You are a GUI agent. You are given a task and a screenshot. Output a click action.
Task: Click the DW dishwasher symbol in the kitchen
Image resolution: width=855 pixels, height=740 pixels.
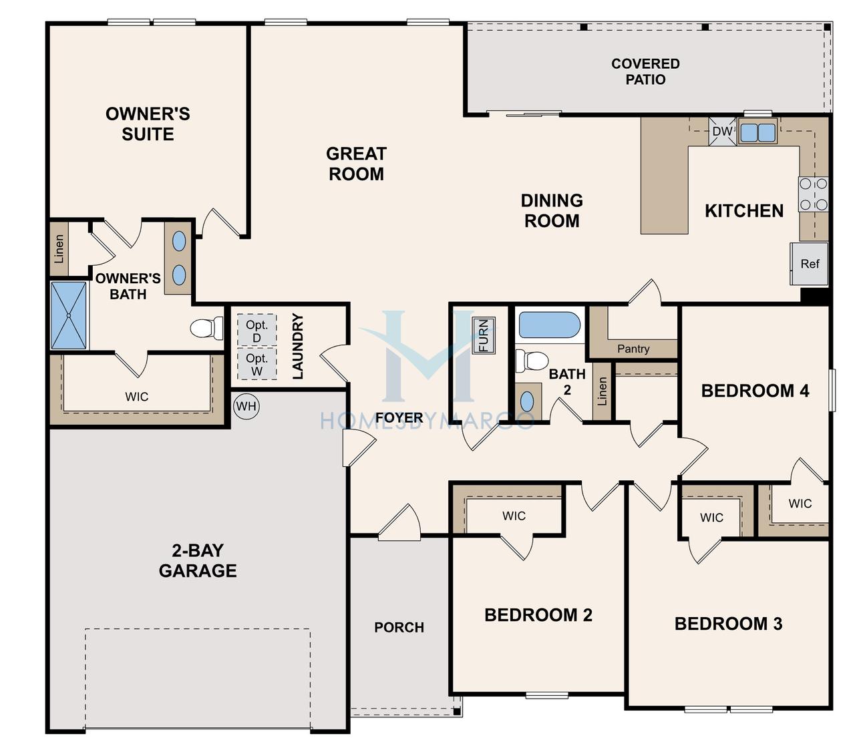(x=722, y=132)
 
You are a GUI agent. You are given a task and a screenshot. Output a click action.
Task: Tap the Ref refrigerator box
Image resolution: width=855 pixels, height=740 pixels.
(x=810, y=264)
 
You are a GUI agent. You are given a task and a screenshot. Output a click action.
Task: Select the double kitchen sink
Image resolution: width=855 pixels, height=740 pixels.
(x=757, y=132)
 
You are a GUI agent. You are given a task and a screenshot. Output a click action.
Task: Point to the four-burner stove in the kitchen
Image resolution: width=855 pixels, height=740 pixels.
(x=813, y=194)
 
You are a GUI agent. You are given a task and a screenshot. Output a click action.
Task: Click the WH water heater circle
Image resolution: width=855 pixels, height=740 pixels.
(x=246, y=406)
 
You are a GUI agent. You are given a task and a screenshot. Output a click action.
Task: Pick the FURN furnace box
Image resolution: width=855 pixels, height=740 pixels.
(x=484, y=335)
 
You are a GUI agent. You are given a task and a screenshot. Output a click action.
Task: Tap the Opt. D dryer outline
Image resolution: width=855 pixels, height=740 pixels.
(x=257, y=330)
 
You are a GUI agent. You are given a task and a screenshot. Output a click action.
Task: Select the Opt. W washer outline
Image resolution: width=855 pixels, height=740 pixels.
(x=257, y=363)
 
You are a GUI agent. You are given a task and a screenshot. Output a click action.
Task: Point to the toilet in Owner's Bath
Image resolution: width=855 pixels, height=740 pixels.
(x=206, y=329)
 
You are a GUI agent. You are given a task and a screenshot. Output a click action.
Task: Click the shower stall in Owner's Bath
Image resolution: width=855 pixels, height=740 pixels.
(x=69, y=315)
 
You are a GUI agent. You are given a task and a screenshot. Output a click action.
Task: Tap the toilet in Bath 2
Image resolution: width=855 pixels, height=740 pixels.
(x=532, y=361)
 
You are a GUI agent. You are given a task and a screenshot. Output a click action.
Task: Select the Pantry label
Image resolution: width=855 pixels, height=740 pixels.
(x=633, y=349)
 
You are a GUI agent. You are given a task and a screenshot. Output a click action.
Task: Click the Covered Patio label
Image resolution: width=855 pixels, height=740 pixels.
(x=645, y=71)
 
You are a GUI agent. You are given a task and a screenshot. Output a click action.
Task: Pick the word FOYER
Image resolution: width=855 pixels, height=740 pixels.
(x=399, y=418)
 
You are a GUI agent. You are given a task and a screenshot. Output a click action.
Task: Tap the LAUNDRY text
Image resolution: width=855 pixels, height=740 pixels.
(x=297, y=346)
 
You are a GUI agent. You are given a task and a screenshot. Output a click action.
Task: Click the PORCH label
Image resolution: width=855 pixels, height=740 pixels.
(x=399, y=628)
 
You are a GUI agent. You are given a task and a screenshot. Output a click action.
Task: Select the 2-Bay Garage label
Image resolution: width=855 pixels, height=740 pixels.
(x=198, y=560)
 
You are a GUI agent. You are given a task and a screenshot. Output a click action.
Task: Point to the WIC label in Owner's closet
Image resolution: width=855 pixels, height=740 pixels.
(x=136, y=397)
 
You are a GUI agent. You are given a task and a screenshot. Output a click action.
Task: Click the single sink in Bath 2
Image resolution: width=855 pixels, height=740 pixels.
(x=526, y=401)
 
